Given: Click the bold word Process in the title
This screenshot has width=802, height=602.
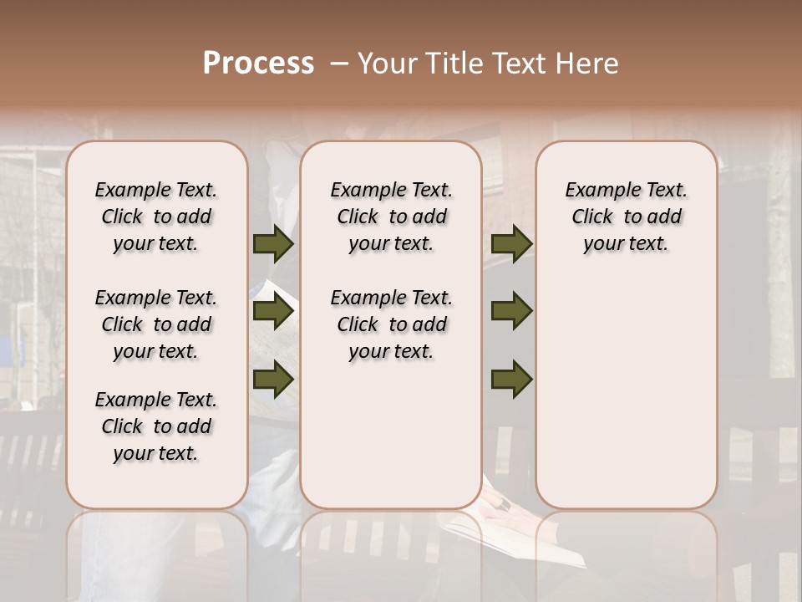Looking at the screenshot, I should [258, 64].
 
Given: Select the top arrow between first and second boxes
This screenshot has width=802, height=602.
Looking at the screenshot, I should [273, 243].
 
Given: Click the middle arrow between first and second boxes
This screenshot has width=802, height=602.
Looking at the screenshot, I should [273, 311].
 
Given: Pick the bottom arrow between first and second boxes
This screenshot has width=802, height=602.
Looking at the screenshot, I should [273, 380].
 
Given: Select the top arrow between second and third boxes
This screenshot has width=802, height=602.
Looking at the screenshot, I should [511, 243].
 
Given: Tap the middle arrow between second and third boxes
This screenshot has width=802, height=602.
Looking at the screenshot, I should [511, 311].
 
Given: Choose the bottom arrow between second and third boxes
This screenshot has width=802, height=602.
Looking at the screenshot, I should [511, 380].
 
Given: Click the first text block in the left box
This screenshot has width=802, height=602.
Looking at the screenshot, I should [156, 217].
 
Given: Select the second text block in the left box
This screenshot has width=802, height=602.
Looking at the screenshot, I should [156, 324].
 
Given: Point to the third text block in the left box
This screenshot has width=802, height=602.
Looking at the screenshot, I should [156, 426].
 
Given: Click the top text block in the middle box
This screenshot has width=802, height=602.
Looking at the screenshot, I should [391, 217].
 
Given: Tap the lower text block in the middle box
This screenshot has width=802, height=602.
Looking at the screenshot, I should [391, 324].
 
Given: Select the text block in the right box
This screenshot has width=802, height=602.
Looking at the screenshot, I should [626, 217].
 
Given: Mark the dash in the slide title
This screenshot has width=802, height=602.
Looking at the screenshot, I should [338, 64].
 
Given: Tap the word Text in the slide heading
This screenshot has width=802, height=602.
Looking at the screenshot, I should [516, 64].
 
